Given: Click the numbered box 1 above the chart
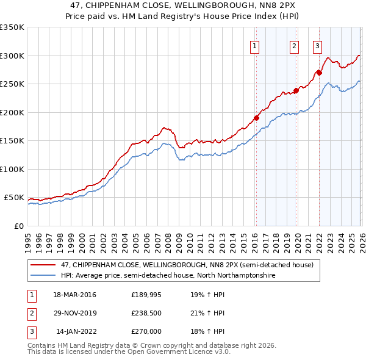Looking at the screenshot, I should pyautogui.click(x=255, y=45).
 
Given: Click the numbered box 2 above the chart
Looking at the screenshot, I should pyautogui.click(x=295, y=45).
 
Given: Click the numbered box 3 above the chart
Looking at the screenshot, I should pyautogui.click(x=318, y=45).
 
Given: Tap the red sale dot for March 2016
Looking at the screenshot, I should pyautogui.click(x=256, y=118).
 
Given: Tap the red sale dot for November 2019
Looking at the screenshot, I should pyautogui.click(x=296, y=91).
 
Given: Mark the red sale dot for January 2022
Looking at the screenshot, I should pyautogui.click(x=318, y=73).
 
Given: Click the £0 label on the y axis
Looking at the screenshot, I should pyautogui.click(x=18, y=226).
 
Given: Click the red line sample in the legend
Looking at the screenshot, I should pyautogui.click(x=43, y=265).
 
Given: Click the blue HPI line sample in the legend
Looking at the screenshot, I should pyautogui.click(x=43, y=275).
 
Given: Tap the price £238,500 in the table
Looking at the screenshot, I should pyautogui.click(x=146, y=313).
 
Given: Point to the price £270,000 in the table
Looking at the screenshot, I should pyautogui.click(x=146, y=331).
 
